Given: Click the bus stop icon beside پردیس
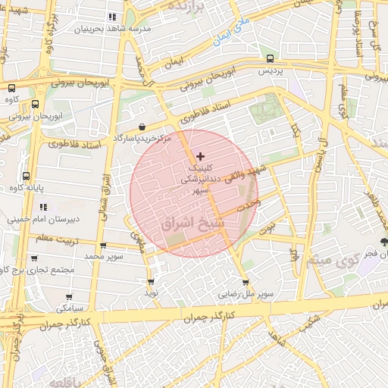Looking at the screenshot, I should coord(271,58).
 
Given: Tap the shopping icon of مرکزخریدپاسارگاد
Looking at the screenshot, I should coord(142,127).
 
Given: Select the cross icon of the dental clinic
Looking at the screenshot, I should coord(200,155).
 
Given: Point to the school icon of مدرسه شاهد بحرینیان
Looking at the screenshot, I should coord(113,16).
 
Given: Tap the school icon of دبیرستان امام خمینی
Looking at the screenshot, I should coord(43,206).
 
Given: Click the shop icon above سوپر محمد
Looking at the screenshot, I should coord(103,246).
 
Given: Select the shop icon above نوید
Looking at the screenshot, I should coord(151,281).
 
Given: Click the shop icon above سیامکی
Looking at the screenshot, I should coord(69,297).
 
